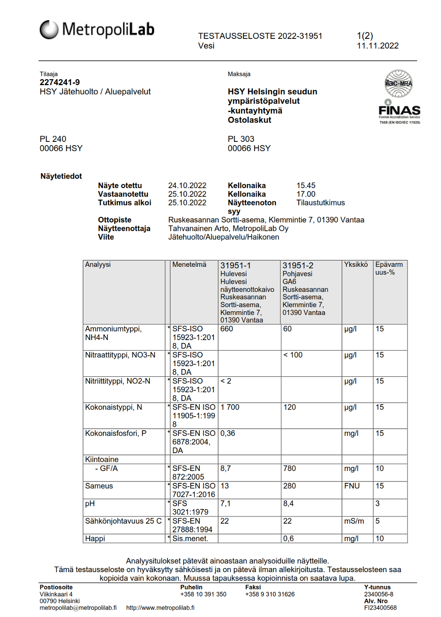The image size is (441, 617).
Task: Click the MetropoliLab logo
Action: pyautogui.click(x=97, y=30)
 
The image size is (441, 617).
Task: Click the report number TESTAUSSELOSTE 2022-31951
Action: pyautogui.click(x=260, y=36)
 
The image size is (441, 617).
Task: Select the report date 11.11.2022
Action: pyautogui.click(x=377, y=46)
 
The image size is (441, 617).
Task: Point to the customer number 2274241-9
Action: pyautogui.click(x=59, y=82)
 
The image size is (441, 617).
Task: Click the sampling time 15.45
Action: pyautogui.click(x=306, y=185)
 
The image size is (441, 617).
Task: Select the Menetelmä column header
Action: pyautogui.click(x=189, y=265)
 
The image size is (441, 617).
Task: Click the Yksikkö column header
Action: pyautogui.click(x=356, y=265)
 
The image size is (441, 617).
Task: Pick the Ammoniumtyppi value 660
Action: pyautogui.click(x=226, y=329)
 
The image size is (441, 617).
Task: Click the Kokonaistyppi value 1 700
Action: pyautogui.click(x=230, y=407)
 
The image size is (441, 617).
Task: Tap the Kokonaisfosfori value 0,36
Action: pyautogui.click(x=227, y=433)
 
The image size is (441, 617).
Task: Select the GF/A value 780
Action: pyautogui.click(x=289, y=469)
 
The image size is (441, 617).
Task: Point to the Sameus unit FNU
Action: pyautogui.click(x=352, y=486)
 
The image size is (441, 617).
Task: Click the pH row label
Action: pyautogui.click(x=90, y=503)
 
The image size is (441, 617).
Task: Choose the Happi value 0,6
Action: pyautogui.click(x=288, y=539)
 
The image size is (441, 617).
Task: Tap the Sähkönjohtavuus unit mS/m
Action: pyautogui.click(x=354, y=521)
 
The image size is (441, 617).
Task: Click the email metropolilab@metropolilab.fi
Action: pyautogui.click(x=78, y=608)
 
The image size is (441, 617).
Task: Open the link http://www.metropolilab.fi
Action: pyautogui.click(x=160, y=608)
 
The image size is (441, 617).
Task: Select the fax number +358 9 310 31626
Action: pyautogui.click(x=270, y=594)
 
